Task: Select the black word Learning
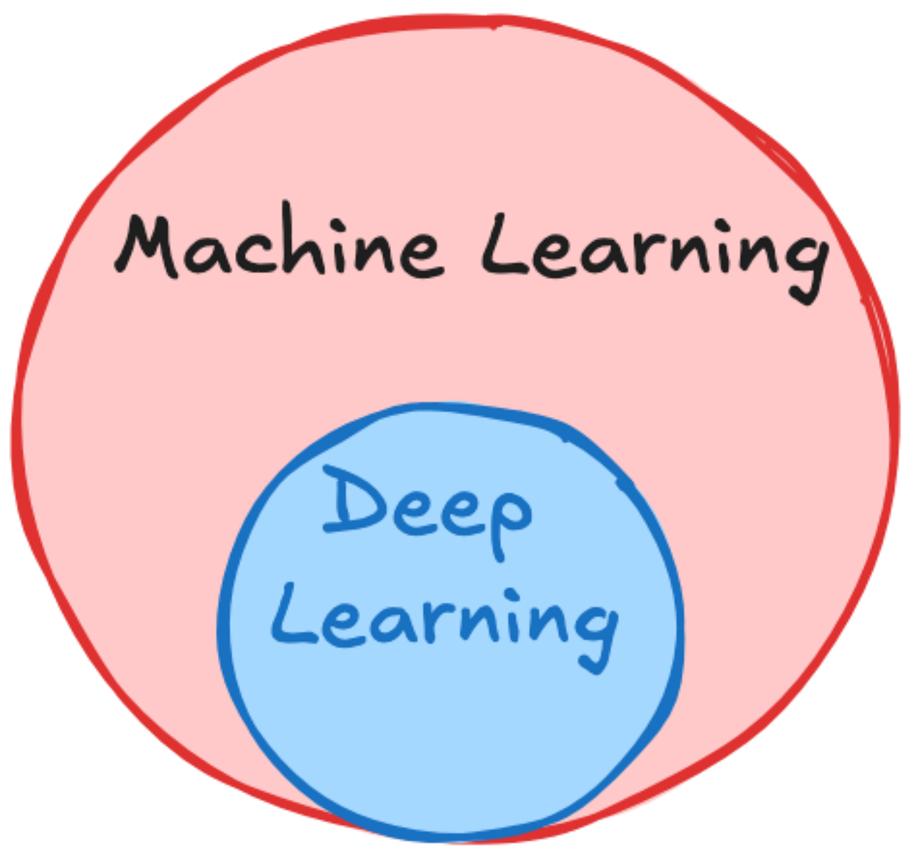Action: pos(653,251)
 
